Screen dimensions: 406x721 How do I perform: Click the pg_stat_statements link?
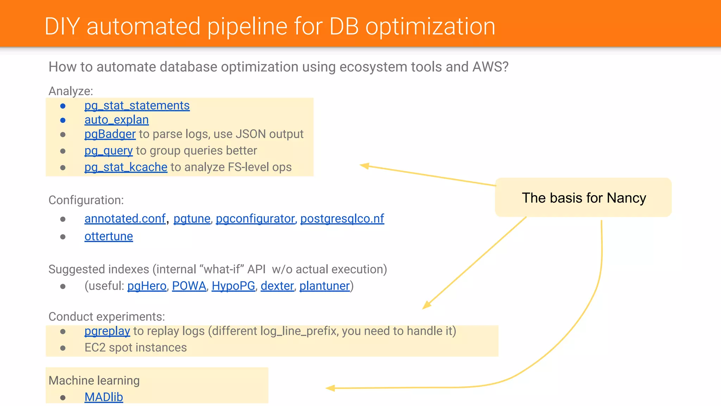137,106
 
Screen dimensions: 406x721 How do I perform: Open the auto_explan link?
117,120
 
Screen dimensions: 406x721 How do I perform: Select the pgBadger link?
110,134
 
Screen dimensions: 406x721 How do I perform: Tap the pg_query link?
108,151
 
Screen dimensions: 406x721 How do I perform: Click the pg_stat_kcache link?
126,167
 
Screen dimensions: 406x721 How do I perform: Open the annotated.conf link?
125,219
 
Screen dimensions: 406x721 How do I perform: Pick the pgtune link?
192,219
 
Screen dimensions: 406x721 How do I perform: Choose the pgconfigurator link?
255,219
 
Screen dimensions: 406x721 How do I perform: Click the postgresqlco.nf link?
342,219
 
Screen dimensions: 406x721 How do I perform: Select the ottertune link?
108,236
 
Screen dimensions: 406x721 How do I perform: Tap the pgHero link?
147,286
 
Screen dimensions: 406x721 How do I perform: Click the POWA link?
189,286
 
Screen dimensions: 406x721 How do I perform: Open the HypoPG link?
233,286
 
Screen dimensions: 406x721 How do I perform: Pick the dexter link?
277,286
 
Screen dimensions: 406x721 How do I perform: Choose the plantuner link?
325,286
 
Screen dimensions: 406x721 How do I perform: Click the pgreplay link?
107,331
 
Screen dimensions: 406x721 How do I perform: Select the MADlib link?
104,397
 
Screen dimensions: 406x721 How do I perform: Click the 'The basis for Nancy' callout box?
583,198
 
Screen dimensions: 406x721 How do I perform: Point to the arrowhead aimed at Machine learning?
330,388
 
